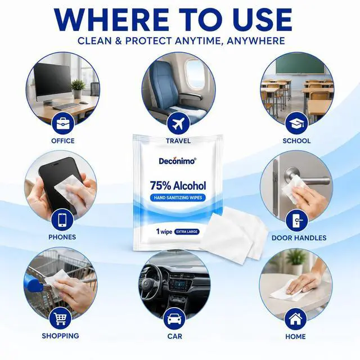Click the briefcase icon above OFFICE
[62, 124]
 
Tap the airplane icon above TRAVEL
[178, 124]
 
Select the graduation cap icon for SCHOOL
[296, 124]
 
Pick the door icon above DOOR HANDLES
[296, 220]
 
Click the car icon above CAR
[174, 319]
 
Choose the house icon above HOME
[295, 319]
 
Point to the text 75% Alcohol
[178, 186]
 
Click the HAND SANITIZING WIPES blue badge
[178, 197]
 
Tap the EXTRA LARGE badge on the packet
[187, 232]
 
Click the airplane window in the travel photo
[195, 74]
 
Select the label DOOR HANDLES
[299, 238]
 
